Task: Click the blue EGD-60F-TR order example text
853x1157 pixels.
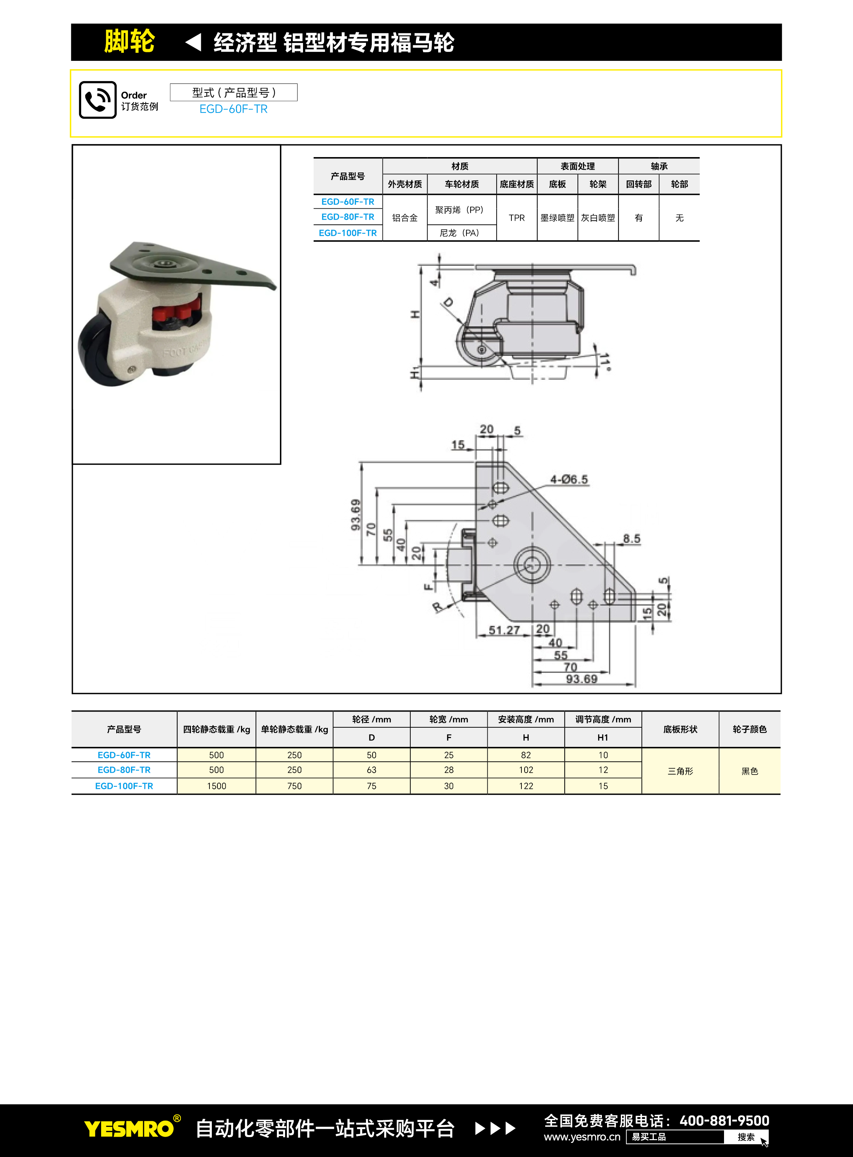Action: pos(234,109)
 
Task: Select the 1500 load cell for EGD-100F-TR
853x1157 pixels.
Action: pos(216,786)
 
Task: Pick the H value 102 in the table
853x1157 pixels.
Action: pos(526,770)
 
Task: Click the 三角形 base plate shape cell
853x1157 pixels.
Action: pos(680,771)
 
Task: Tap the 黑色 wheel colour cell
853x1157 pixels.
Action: pos(749,771)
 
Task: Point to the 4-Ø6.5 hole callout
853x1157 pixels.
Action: pos(569,480)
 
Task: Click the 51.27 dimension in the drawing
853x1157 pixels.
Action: pos(504,630)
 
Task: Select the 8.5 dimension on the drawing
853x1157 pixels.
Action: pos(631,539)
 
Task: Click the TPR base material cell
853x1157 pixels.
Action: pos(516,218)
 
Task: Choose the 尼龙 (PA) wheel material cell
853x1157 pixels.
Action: pos(459,233)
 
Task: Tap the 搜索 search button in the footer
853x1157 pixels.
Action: pos(746,1137)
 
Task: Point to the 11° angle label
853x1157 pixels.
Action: pos(606,362)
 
